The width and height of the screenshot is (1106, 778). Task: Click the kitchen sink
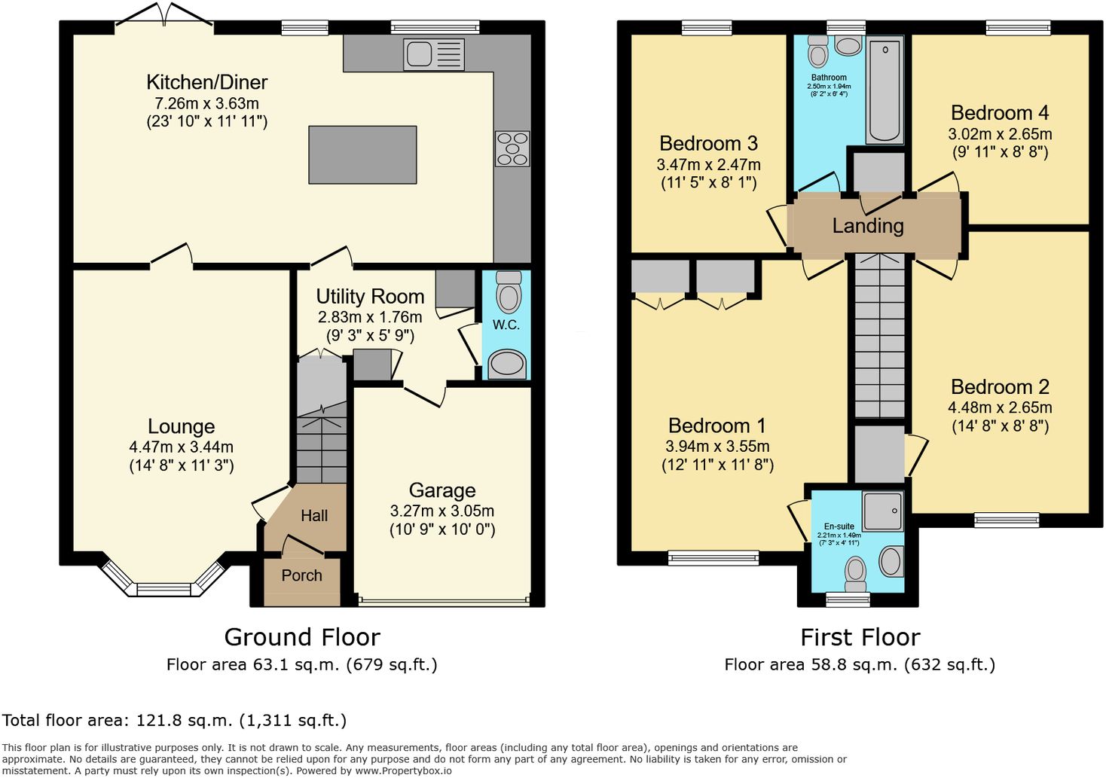tap(434, 54)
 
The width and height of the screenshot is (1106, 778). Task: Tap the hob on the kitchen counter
tap(512, 148)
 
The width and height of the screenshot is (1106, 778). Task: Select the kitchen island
tap(362, 155)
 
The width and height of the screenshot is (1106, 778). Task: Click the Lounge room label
tap(182, 426)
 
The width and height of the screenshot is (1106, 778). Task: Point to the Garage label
tap(442, 491)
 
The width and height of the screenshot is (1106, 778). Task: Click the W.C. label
tap(506, 325)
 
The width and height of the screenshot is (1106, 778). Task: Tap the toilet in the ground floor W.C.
tap(509, 291)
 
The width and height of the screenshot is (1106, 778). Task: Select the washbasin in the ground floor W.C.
tap(506, 365)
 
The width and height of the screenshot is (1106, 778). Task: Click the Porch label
tap(301, 575)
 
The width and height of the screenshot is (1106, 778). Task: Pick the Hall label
tap(314, 516)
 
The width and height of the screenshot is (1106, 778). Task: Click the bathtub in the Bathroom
tap(884, 91)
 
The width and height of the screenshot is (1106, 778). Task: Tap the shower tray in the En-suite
tap(883, 511)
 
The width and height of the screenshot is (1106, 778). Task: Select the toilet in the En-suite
tap(855, 575)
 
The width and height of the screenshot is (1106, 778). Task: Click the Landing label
tap(868, 226)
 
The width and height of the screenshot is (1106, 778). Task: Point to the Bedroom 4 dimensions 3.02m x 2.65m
tap(1000, 134)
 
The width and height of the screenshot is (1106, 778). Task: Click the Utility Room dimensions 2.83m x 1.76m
tap(370, 317)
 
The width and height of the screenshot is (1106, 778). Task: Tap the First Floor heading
tap(860, 637)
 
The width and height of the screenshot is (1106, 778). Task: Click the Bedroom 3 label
tap(708, 144)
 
